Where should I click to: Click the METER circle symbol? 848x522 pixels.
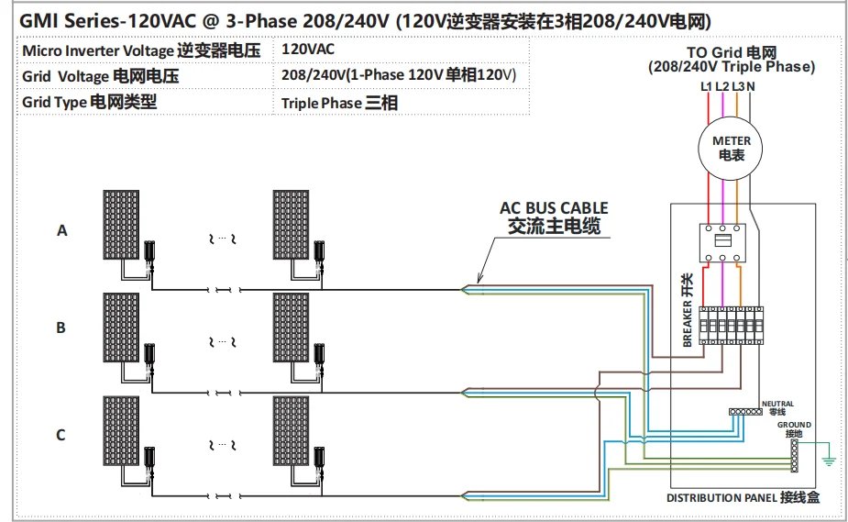[732, 148]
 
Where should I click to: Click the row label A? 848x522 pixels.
[62, 231]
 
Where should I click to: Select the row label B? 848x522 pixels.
[61, 327]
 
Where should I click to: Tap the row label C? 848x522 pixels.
[61, 435]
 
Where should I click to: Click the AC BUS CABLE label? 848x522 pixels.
[553, 217]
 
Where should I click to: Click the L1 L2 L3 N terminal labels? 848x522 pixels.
[727, 86]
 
